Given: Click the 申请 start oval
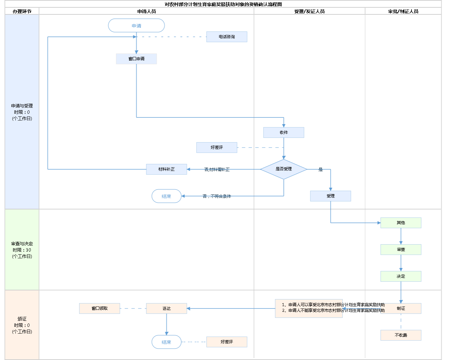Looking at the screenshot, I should (136, 26).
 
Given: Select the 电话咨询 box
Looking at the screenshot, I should (227, 37).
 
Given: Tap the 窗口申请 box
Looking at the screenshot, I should (136, 59).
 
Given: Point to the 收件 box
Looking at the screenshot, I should (284, 132).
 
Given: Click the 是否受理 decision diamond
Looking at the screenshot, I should (284, 169).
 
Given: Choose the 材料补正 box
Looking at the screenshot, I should (166, 169).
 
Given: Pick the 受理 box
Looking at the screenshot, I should (330, 196).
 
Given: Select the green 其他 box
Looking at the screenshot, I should (401, 223).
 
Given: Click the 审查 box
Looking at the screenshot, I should (401, 250).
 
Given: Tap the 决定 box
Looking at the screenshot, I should (401, 276).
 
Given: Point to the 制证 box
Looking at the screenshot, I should (401, 308).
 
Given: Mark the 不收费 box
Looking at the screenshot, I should (401, 335).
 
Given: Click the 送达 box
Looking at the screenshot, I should (166, 308).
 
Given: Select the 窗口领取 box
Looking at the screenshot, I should (99, 308).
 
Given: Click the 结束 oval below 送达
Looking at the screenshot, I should (166, 342).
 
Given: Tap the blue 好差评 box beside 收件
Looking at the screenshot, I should (217, 148).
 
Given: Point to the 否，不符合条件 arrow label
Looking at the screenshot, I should (217, 196).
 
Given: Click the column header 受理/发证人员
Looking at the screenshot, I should (309, 11).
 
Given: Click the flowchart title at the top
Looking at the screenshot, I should (223, 4).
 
